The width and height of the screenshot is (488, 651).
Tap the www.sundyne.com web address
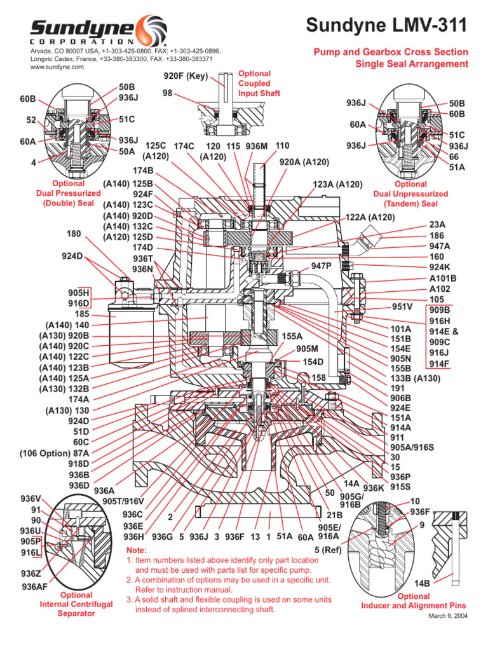(x=57, y=67)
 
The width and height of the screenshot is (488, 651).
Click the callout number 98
(x=168, y=93)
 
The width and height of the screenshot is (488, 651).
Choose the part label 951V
(x=402, y=306)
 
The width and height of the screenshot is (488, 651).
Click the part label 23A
(x=438, y=224)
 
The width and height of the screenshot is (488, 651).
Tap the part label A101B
(x=444, y=278)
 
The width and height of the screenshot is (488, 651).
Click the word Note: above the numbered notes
(x=137, y=550)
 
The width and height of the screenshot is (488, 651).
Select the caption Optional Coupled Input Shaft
(x=254, y=83)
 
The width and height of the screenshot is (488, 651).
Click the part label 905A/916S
(x=416, y=446)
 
